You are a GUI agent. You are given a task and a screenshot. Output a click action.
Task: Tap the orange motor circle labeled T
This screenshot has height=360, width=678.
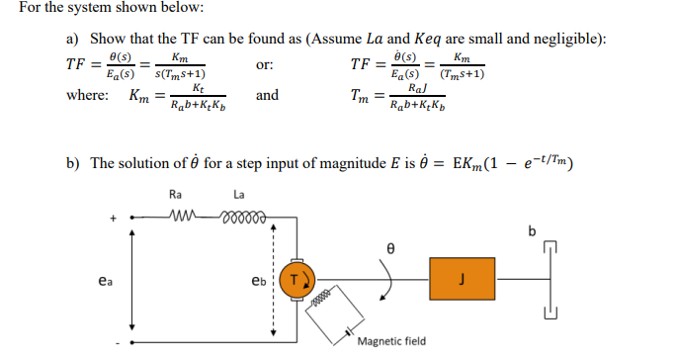[x=295, y=279]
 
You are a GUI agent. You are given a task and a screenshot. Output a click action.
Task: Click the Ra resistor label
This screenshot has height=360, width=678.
[x=176, y=194]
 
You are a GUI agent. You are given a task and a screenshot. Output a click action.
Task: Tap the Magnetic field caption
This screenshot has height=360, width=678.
[x=391, y=341]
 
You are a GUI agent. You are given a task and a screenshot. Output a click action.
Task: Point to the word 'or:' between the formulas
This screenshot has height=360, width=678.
[x=264, y=66]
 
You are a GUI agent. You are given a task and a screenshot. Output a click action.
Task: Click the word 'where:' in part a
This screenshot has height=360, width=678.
[x=87, y=96]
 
